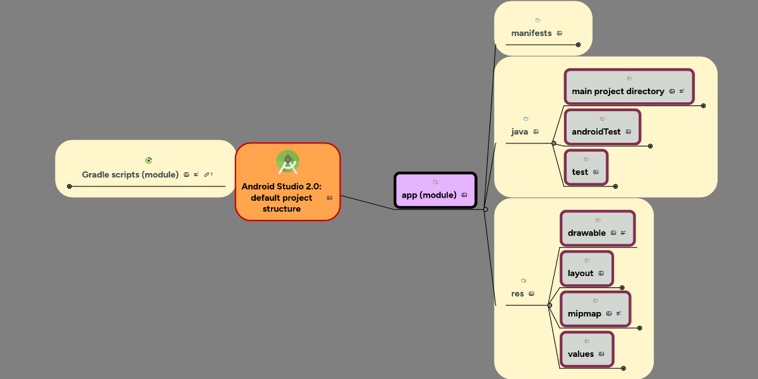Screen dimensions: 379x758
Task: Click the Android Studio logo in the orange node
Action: (288, 162)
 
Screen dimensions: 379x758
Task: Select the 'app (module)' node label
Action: (429, 195)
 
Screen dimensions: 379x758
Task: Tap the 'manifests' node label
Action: (531, 33)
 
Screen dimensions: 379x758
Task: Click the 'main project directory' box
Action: (618, 91)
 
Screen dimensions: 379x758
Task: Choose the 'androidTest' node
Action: (596, 131)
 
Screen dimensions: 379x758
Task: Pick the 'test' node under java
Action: (580, 172)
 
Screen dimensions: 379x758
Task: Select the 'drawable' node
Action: (587, 232)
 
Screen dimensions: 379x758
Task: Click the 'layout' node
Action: (581, 273)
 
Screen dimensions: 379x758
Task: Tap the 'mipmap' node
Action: (584, 313)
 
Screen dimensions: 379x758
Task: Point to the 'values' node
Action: (581, 354)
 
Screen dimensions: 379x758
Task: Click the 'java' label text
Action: (519, 131)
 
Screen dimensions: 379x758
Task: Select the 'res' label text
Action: (517, 293)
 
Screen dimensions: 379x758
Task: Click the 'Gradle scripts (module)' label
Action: (130, 174)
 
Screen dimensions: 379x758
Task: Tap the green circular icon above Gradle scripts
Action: (148, 160)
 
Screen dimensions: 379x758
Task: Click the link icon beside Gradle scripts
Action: (207, 174)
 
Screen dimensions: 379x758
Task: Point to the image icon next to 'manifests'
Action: (560, 33)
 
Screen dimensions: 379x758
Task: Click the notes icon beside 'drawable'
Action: (623, 232)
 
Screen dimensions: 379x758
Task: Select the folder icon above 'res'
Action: (523, 280)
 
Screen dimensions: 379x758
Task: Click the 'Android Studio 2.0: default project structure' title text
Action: (282, 197)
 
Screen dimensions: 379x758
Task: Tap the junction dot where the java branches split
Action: (554, 143)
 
